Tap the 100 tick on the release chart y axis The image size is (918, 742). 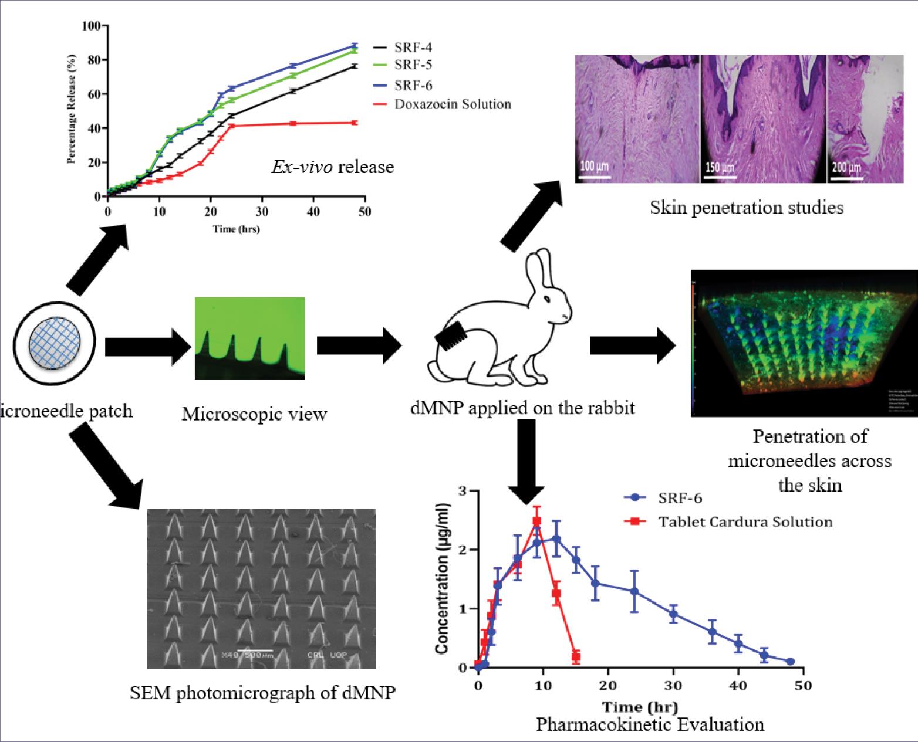92,26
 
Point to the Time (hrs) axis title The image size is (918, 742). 236,229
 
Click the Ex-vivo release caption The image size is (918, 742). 332,167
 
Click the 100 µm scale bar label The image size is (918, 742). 595,166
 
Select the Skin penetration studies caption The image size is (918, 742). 747,207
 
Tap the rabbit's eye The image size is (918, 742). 547,299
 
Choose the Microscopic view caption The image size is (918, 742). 254,414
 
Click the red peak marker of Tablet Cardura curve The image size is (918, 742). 536,521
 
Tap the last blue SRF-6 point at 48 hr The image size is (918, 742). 791,661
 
